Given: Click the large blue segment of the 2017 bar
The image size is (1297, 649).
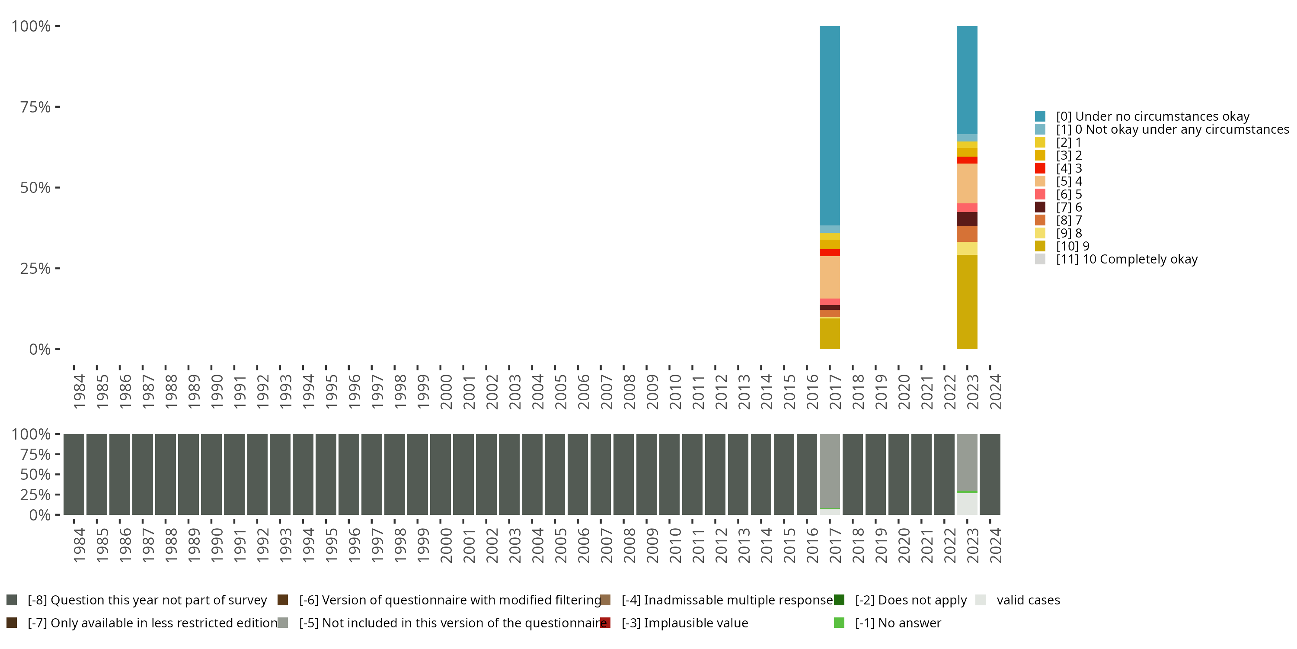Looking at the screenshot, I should point(829,126).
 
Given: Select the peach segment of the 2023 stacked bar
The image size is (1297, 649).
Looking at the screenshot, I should point(967,183).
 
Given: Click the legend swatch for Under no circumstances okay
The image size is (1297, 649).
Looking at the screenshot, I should point(1040,116).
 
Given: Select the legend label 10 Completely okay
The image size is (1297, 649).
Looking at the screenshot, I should point(1127,259).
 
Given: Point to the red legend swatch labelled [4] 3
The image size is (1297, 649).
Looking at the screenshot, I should point(1040,168).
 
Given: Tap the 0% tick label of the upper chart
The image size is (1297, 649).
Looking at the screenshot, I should point(40,349).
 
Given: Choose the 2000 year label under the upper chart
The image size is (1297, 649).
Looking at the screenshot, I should point(446,392).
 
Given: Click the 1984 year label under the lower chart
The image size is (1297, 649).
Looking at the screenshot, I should point(80,546).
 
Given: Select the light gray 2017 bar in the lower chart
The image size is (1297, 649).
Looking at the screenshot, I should point(829,471).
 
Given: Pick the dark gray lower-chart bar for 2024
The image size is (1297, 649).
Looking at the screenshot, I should point(990,474).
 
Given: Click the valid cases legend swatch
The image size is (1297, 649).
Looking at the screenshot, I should point(980,600).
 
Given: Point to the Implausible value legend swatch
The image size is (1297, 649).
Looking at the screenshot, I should point(606,623).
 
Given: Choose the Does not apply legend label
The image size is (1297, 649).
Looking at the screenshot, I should point(911,600).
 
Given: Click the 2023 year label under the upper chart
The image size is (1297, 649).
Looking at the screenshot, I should point(973,392).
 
